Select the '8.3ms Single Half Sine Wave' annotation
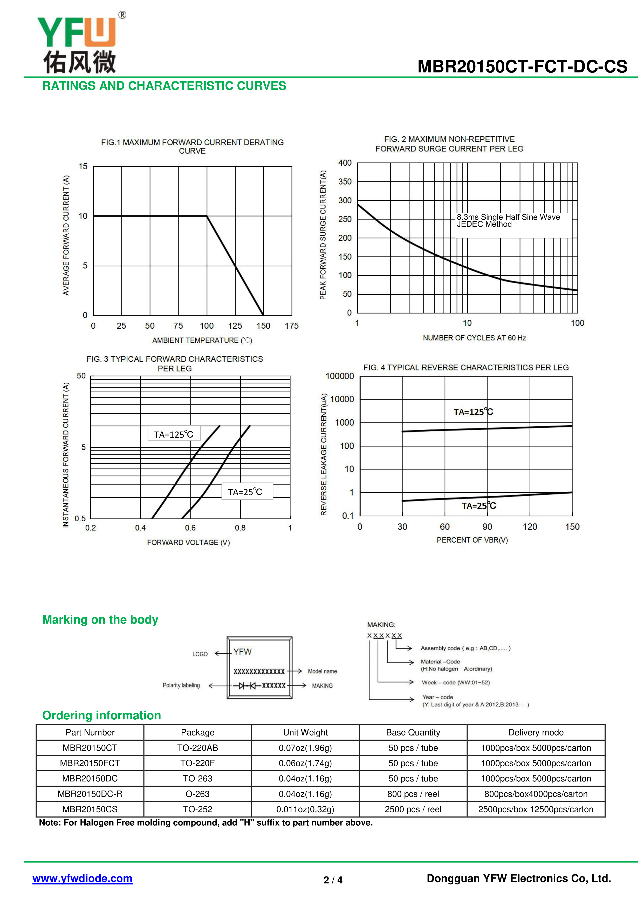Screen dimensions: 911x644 coord(508,217)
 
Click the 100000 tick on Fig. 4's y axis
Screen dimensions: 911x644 coord(339,376)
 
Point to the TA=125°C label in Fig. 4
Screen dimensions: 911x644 coord(473,412)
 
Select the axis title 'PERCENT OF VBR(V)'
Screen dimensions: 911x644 coord(472,540)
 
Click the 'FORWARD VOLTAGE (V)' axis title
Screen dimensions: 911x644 coord(188,542)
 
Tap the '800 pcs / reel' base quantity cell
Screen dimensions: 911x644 coord(413,794)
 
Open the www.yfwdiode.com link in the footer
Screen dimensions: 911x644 coord(83,879)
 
